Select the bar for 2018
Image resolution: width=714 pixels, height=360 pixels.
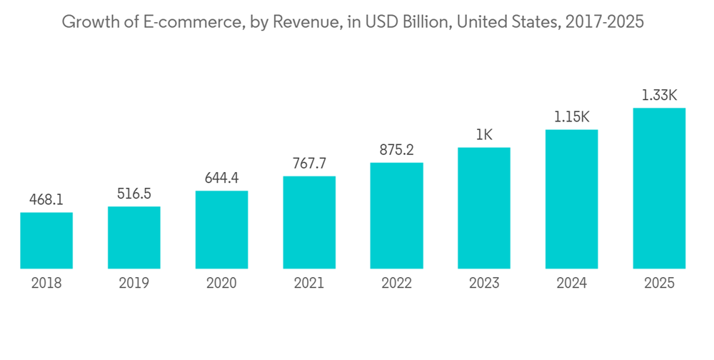[x=46, y=241]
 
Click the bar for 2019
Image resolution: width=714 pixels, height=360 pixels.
[x=134, y=238]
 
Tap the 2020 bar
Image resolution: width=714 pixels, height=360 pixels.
[x=221, y=230]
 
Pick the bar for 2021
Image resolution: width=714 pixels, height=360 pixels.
[x=309, y=223]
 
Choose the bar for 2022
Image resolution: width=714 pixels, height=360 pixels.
[x=396, y=216]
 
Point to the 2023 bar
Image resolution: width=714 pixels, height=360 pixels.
[x=484, y=209]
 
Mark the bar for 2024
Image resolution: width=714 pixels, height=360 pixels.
[x=571, y=199]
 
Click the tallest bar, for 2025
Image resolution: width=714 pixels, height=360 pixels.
[x=659, y=189]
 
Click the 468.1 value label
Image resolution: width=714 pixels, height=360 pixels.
[x=46, y=200]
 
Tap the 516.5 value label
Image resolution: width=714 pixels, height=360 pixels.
[x=134, y=194]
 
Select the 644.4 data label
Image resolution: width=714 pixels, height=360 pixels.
[x=221, y=179]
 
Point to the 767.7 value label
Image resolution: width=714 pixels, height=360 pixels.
[x=309, y=164]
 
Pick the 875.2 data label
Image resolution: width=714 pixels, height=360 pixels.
[x=396, y=150]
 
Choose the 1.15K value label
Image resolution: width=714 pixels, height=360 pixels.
[x=571, y=117]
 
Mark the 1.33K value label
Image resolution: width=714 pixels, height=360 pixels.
[x=659, y=96]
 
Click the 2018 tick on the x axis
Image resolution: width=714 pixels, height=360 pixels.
[x=46, y=284]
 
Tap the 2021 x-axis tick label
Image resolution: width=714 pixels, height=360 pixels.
[x=309, y=284]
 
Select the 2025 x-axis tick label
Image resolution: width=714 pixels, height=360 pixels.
[x=659, y=284]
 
